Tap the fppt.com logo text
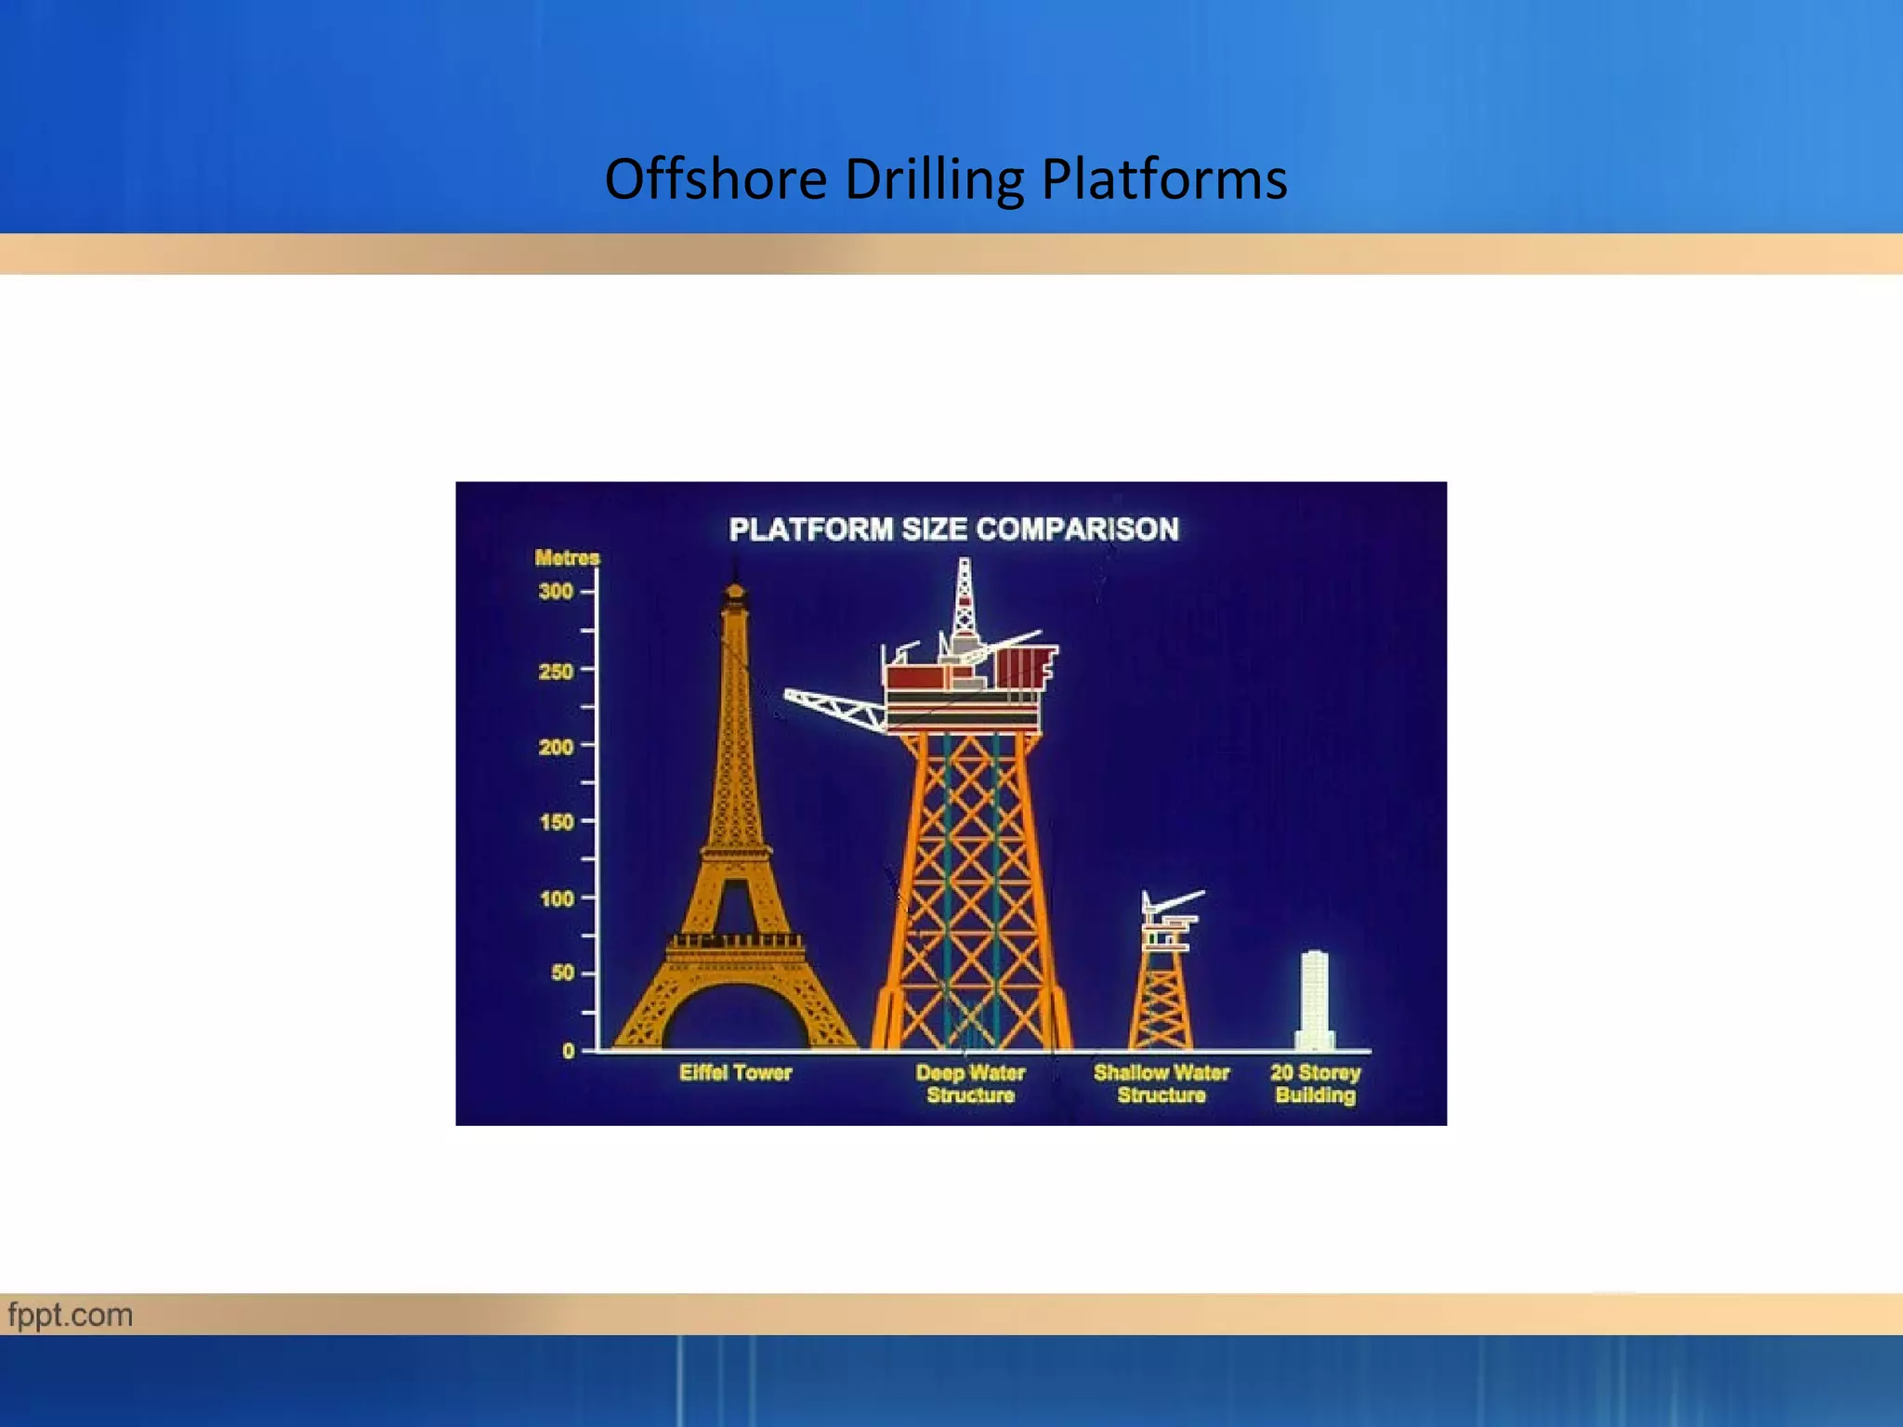71,1316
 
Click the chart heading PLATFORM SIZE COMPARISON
953,530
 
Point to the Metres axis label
567,558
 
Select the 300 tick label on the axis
556,592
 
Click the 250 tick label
556,671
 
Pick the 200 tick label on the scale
556,747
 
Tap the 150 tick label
556,822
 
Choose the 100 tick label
556,899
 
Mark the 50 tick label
562,974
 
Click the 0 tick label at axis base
569,1052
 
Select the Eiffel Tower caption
735,1073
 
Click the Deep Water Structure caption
970,1084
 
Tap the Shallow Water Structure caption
1161,1084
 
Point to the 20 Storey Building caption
1315,1084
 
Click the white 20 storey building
1315,999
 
